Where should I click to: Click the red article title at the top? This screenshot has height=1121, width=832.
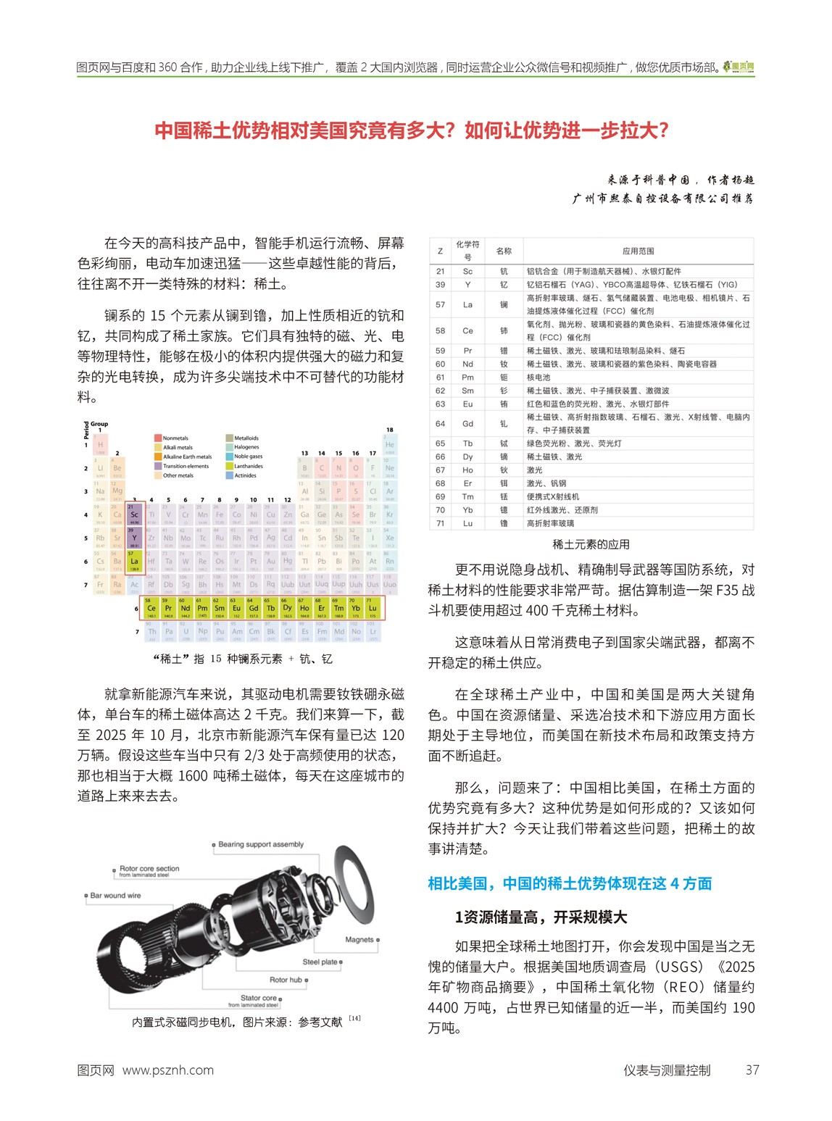pyautogui.click(x=411, y=130)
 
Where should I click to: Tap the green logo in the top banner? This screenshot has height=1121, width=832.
pyautogui.click(x=739, y=67)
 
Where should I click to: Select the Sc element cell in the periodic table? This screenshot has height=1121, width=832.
pyautogui.click(x=134, y=513)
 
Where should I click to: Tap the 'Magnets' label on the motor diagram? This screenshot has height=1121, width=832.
pyautogui.click(x=359, y=940)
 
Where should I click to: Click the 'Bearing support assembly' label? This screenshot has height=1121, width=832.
pyautogui.click(x=260, y=844)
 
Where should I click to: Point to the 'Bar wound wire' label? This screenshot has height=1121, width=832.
pyautogui.click(x=115, y=896)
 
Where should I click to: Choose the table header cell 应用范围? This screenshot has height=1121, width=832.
pyautogui.click(x=638, y=251)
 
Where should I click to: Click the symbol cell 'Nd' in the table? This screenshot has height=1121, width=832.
pyautogui.click(x=467, y=364)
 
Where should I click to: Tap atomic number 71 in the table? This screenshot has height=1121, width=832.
pyautogui.click(x=440, y=523)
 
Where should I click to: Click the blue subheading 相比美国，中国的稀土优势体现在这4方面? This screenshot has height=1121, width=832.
pyautogui.click(x=570, y=883)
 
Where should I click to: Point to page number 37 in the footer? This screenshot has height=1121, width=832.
pyautogui.click(x=752, y=1070)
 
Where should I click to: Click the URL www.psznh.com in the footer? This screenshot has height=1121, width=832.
pyautogui.click(x=167, y=1070)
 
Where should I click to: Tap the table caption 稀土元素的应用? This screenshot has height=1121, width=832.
pyautogui.click(x=591, y=544)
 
